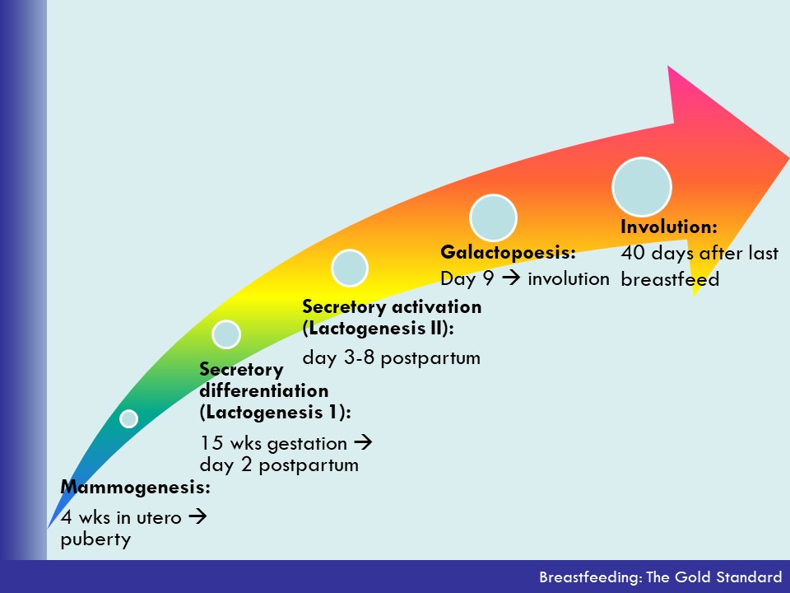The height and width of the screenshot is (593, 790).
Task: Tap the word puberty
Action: pos(95,539)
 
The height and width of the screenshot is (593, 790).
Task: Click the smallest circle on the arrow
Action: pos(129,418)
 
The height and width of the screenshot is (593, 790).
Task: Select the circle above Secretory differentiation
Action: pos(226,334)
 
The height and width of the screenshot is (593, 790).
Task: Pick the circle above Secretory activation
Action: pos(350,268)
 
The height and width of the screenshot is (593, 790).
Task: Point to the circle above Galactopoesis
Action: pos(493,217)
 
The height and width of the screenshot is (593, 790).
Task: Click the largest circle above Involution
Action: pos(642,187)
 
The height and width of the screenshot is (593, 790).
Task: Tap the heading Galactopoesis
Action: pos(508,252)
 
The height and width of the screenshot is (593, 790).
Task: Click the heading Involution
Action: pos(668,227)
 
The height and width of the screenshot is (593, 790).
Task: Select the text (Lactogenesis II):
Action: pos(378,329)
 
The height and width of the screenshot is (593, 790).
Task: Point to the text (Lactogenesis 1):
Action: pos(275,413)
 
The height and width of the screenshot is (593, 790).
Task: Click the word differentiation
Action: pos(264,390)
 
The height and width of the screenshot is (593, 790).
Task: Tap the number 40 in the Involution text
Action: pos(633,253)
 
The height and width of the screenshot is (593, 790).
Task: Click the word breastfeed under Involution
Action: pos(670,279)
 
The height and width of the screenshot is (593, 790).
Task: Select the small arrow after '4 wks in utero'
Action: pos(197,516)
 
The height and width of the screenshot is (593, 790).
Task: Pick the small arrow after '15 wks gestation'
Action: pos(363,443)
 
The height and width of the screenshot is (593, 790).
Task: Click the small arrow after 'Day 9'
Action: pos(511,278)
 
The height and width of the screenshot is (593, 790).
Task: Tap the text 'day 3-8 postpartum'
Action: pos(392,358)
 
